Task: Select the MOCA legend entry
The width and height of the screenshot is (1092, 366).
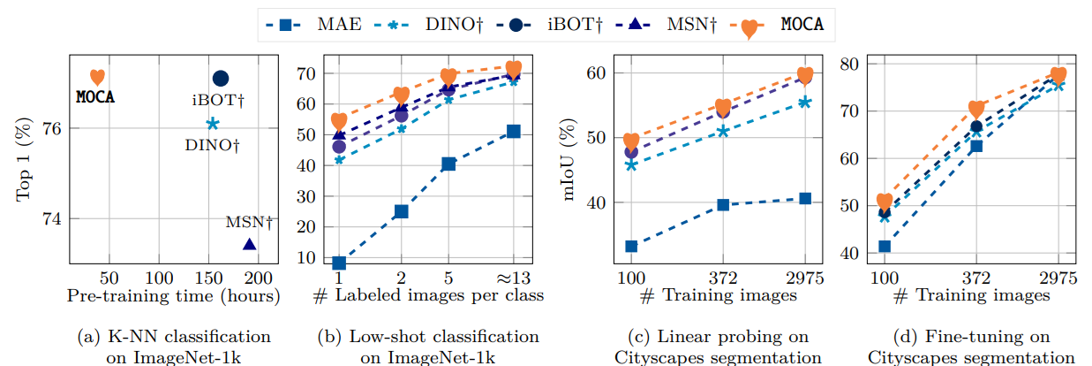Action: pos(782,24)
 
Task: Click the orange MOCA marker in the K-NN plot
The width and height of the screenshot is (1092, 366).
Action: pos(97,78)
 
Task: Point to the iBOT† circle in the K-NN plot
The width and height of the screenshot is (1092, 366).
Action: pos(221,79)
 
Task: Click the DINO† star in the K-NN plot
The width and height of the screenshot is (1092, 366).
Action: pos(212,124)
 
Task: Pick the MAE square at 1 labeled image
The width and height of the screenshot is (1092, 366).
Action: pos(339,263)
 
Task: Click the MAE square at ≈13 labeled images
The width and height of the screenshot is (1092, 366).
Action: pos(514,132)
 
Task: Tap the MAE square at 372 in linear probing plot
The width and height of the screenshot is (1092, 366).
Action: pos(723,204)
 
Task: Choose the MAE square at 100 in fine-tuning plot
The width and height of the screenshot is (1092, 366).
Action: pos(885,246)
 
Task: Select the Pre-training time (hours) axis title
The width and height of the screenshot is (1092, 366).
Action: pos(173,296)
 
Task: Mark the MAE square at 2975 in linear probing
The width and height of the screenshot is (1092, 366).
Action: pos(805,198)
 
